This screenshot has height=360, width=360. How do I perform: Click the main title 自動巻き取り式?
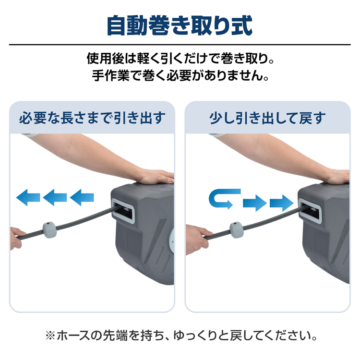tap(180, 25)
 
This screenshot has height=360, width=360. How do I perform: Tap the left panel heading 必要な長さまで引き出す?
tap(92, 118)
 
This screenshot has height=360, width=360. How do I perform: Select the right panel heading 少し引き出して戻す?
tap(267, 118)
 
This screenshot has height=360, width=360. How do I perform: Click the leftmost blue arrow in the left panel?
tap(28, 197)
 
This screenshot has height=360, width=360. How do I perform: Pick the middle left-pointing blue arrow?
tap(55, 197)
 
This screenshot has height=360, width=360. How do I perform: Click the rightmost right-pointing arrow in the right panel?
tap(282, 203)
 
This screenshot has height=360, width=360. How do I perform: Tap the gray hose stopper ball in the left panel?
tap(50, 229)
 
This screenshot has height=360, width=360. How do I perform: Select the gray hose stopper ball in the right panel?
tap(237, 230)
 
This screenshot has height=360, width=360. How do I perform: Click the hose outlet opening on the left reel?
tap(123, 211)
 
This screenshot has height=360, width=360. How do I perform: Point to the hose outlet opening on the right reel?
tap(310, 211)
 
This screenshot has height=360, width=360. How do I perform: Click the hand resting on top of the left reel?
tap(157, 177)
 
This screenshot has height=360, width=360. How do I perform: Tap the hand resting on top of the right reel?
tap(338, 177)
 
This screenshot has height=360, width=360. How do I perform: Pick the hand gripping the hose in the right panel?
tap(197, 239)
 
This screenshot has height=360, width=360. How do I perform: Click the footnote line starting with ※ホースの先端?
tap(181, 336)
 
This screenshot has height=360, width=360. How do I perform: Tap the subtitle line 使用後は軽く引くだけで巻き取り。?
tap(180, 58)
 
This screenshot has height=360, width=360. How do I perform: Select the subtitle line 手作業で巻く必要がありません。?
tap(180, 75)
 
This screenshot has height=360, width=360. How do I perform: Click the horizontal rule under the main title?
tap(180, 44)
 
